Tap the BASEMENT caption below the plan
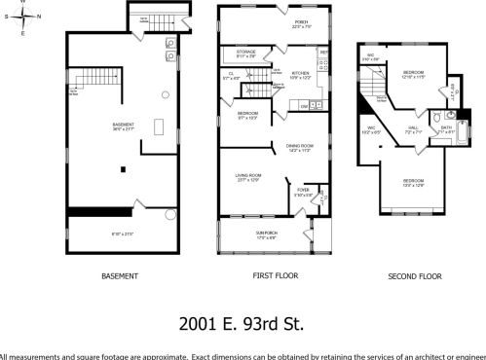point(119,275)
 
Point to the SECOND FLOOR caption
point(416,275)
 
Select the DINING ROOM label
point(298,147)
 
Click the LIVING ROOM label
point(248,176)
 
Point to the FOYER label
point(303,190)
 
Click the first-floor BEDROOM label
point(247,114)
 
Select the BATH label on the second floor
point(446,127)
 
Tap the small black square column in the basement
point(122,169)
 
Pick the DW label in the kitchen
point(304,105)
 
